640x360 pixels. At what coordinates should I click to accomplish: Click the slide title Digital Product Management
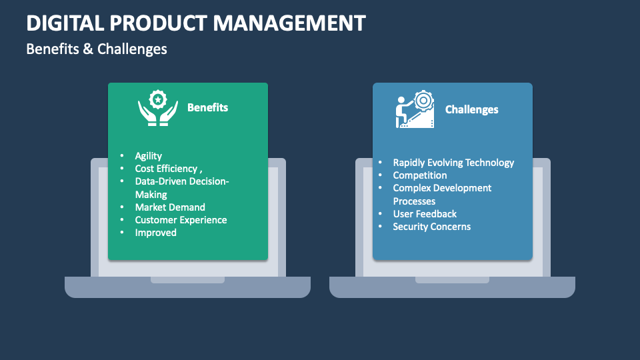click(196, 23)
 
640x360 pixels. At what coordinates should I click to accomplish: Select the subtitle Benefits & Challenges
click(97, 49)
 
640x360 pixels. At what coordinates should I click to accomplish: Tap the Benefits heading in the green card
click(207, 107)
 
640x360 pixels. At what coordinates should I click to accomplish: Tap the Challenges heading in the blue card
click(471, 109)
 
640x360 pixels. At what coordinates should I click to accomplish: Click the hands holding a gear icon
click(157, 107)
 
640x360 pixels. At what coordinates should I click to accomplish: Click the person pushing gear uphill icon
click(414, 109)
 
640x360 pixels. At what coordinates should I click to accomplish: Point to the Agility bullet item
click(148, 156)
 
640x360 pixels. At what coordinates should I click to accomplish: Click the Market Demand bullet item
click(170, 207)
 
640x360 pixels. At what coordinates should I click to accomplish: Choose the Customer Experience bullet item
click(181, 220)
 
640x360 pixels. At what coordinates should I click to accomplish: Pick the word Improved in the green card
click(155, 233)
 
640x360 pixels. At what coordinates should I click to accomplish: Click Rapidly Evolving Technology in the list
click(453, 163)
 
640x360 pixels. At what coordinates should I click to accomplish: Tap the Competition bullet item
click(419, 175)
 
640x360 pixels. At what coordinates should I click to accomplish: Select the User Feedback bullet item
click(425, 214)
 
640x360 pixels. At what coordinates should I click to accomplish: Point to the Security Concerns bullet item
click(431, 227)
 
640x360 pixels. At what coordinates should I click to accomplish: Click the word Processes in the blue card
click(414, 201)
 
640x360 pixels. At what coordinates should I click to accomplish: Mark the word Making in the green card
click(151, 195)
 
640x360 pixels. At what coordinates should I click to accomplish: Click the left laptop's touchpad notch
click(187, 280)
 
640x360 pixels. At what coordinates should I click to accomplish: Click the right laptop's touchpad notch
click(452, 280)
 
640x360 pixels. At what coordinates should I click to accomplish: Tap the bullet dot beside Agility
click(122, 156)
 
